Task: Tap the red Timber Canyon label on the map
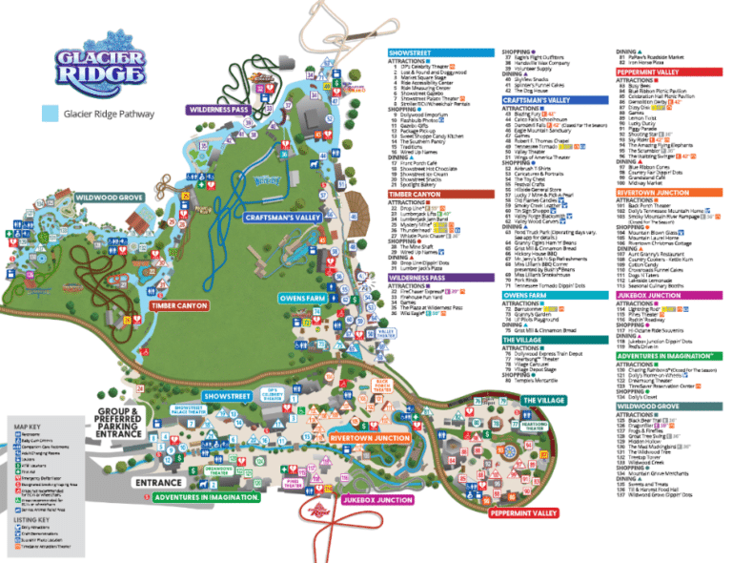pos(177,305)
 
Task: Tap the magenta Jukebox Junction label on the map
pos(378,500)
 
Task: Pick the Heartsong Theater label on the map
pos(535,426)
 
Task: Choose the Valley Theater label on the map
pos(386,332)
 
